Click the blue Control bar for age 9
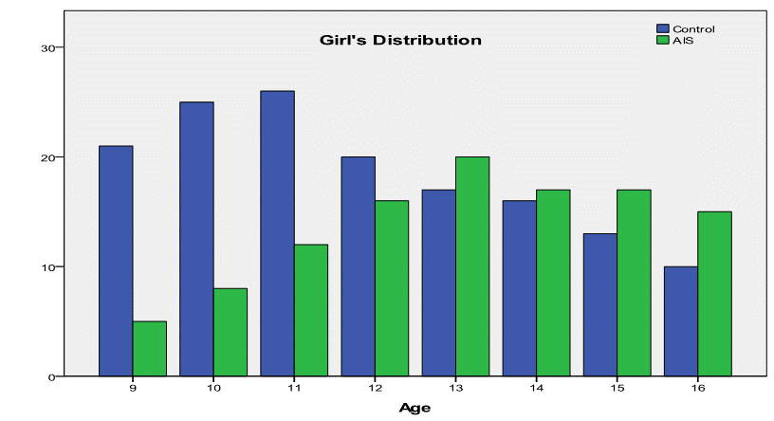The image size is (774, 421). click(116, 261)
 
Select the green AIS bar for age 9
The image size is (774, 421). click(150, 349)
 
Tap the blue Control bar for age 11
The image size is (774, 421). click(277, 233)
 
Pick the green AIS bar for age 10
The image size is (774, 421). click(230, 333)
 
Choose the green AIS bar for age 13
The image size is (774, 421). click(472, 266)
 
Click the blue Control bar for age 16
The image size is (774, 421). click(681, 321)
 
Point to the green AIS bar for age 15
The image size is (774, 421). click(634, 284)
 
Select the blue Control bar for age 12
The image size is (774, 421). click(359, 266)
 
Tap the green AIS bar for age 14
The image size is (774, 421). click(553, 284)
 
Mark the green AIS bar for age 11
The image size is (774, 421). click(311, 310)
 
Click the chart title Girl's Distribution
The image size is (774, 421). click(400, 40)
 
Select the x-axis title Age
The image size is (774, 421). click(415, 408)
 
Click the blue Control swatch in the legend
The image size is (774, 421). click(662, 28)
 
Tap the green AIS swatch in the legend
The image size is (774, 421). click(662, 40)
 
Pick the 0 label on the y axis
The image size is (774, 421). click(51, 377)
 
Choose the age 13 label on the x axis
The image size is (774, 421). click(455, 388)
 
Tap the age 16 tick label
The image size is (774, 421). click(697, 388)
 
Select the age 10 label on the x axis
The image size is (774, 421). click(213, 388)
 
